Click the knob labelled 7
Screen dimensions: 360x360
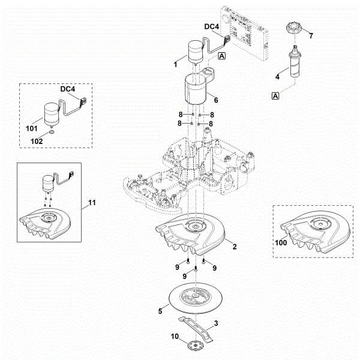(294, 28)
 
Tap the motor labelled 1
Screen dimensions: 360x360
(196, 53)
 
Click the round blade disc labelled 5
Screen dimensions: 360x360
(196, 298)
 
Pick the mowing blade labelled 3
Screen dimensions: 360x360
(196, 328)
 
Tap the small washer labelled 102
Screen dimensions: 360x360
(52, 132)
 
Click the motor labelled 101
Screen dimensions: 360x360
(52, 115)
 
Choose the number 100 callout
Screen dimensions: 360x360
(281, 242)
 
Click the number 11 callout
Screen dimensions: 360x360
(92, 203)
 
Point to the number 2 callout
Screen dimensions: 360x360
(235, 247)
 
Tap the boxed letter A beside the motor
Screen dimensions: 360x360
(222, 56)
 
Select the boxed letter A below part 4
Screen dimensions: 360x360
(275, 96)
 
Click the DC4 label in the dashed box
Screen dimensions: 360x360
(67, 89)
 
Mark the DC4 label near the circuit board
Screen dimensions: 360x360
(211, 26)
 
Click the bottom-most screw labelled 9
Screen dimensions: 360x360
(196, 269)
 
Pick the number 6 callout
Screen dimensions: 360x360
(216, 100)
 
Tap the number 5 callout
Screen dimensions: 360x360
(160, 311)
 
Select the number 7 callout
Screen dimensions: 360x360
(311, 36)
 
